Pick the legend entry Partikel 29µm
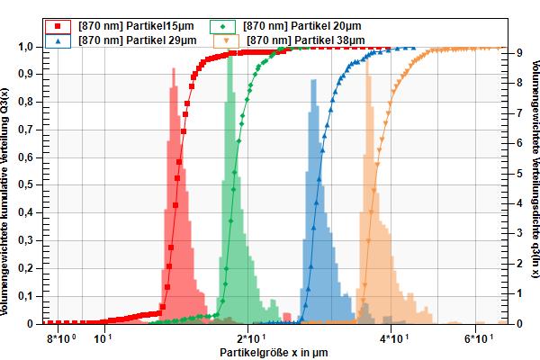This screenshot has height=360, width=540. coord(131,40)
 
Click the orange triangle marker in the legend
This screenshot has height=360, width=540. coord(227,40)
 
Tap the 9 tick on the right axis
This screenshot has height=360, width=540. coord(509,53)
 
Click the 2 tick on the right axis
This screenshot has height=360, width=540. coord(509,263)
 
